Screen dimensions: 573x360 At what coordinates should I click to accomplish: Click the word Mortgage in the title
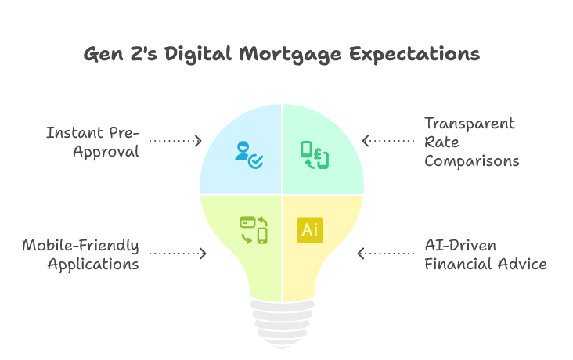click(290, 55)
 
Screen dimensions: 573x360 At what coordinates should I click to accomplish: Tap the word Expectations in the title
click(414, 54)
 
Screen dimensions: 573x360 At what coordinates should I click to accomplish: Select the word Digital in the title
click(198, 54)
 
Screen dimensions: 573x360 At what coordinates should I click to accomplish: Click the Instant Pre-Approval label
click(93, 142)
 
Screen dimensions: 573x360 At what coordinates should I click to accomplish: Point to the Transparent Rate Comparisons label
click(472, 142)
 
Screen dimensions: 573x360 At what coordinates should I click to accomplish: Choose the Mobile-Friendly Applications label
click(81, 254)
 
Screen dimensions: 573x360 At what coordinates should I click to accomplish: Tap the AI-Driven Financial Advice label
click(485, 254)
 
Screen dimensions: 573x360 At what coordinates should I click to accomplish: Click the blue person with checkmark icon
click(249, 155)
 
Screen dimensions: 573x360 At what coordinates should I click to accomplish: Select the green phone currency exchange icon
click(315, 155)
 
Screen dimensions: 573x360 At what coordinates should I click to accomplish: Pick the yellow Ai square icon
click(310, 230)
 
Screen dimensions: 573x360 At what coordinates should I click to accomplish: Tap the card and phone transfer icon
click(254, 230)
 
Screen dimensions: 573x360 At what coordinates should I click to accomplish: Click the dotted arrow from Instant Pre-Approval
click(175, 141)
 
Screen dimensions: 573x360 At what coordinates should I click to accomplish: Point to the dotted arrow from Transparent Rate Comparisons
click(388, 141)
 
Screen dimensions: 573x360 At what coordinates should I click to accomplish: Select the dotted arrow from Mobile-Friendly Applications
click(178, 254)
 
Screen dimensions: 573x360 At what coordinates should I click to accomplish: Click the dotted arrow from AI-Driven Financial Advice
click(386, 254)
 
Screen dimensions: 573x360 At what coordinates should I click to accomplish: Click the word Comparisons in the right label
click(472, 160)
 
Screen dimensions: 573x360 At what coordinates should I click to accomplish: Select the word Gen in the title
click(103, 55)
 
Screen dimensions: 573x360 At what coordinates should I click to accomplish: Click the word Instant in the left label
click(70, 132)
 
